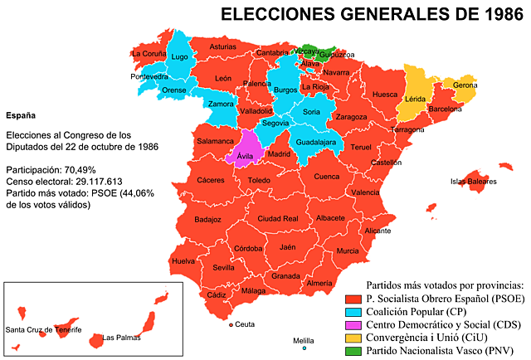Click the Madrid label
279,153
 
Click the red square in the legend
353,299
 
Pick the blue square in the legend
353,313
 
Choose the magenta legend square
353,325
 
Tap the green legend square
353,352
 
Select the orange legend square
353,338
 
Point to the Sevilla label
223,268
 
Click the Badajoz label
207,220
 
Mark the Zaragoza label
352,118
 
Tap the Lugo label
179,57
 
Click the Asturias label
222,47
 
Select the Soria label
311,111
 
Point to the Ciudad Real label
277,218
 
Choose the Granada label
285,275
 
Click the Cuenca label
327,176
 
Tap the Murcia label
348,251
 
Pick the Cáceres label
211,179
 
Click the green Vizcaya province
308,51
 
